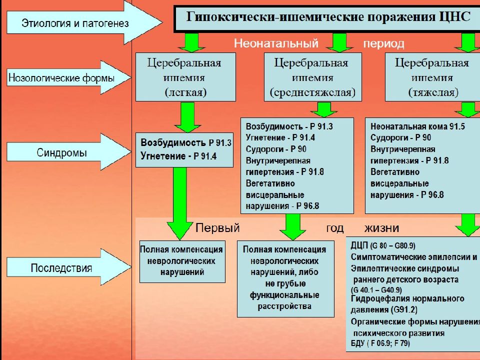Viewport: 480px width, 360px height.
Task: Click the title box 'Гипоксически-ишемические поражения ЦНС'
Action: pyautogui.click(x=327, y=18)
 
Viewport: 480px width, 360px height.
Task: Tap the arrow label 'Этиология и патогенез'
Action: pyautogui.click(x=75, y=23)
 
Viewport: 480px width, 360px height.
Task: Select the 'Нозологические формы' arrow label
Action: pyautogui.click(x=61, y=78)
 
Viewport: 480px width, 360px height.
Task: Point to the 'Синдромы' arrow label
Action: pyautogui.click(x=61, y=152)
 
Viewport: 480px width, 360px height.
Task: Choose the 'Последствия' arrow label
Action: pyautogui.click(x=61, y=268)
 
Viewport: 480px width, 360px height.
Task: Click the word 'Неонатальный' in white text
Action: pyautogui.click(x=276, y=43)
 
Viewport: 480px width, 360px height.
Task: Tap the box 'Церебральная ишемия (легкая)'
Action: pyautogui.click(x=185, y=77)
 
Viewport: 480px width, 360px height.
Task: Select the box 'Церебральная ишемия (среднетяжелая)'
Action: pyautogui.click(x=312, y=77)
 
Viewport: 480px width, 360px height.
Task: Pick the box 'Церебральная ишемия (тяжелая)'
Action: pyautogui.click(x=432, y=77)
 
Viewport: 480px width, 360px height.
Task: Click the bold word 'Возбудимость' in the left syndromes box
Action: pyautogui.click(x=173, y=142)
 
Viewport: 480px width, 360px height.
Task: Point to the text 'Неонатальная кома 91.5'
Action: pyautogui.click(x=417, y=126)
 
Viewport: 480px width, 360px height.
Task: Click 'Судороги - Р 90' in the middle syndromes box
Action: pyautogui.click(x=276, y=149)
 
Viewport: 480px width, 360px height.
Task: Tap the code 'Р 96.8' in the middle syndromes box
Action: pyautogui.click(x=307, y=206)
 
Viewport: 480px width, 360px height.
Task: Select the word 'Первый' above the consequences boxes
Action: pyautogui.click(x=217, y=228)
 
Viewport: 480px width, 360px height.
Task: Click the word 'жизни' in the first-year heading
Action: pyautogui.click(x=381, y=228)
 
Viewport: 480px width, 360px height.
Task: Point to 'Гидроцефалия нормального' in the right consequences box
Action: pyautogui.click(x=407, y=298)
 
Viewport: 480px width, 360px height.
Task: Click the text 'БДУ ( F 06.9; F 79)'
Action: pyautogui.click(x=380, y=343)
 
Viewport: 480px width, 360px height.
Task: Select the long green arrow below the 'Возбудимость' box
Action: pyautogui.click(x=179, y=203)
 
